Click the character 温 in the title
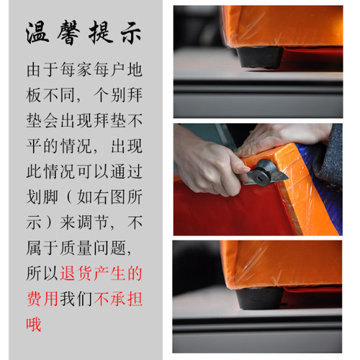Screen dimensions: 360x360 [37, 32]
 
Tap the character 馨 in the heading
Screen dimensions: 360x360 [68, 32]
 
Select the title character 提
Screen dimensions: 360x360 [101, 32]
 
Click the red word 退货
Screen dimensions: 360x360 [76, 274]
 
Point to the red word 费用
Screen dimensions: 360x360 [42, 299]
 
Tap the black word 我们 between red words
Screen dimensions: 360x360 [76, 299]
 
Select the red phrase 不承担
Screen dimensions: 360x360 [118, 299]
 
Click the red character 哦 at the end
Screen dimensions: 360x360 [34, 325]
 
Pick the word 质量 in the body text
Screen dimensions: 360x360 [76, 248]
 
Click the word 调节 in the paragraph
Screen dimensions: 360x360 [92, 222]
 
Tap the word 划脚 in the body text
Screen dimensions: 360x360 [42, 197]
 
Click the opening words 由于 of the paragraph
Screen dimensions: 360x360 [42, 70]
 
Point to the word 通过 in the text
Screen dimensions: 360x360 [127, 171]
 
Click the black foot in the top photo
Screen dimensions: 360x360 [261, 57]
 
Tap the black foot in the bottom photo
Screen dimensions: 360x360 [259, 297]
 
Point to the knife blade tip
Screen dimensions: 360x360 [288, 178]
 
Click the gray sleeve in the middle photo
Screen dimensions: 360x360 [330, 156]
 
